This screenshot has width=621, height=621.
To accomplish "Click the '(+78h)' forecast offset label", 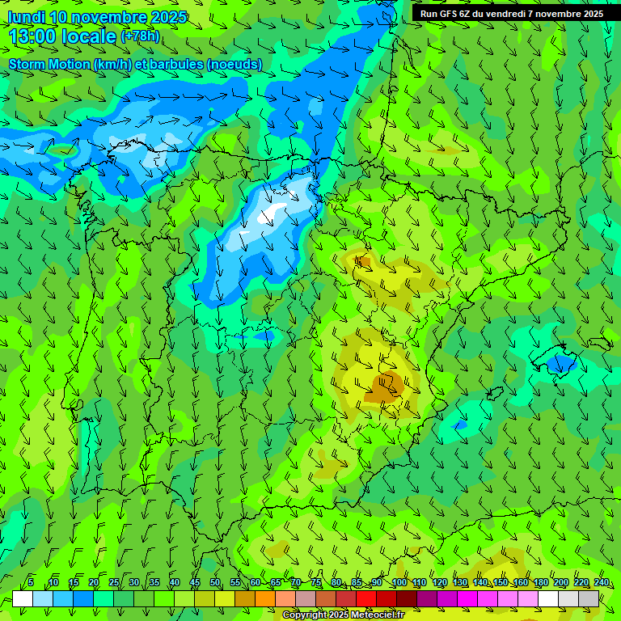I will (140, 36).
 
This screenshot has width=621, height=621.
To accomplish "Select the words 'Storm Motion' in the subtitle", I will (49, 64).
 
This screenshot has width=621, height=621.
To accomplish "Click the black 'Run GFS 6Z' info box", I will (512, 14).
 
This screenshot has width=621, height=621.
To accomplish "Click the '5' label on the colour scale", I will (30, 583).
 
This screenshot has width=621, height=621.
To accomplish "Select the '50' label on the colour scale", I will (215, 583).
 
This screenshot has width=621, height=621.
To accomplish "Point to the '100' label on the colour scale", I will (399, 583).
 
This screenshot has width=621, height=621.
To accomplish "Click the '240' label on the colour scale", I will (601, 583).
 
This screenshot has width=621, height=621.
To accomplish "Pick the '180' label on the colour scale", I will (540, 583).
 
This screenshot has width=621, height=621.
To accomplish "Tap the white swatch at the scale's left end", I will (23, 598).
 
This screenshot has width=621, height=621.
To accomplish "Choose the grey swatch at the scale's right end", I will (589, 598).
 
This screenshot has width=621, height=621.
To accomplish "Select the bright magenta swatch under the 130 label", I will (467, 598).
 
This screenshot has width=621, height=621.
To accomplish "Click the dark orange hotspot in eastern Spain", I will (383, 388).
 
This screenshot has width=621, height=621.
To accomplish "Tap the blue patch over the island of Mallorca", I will (559, 365).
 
